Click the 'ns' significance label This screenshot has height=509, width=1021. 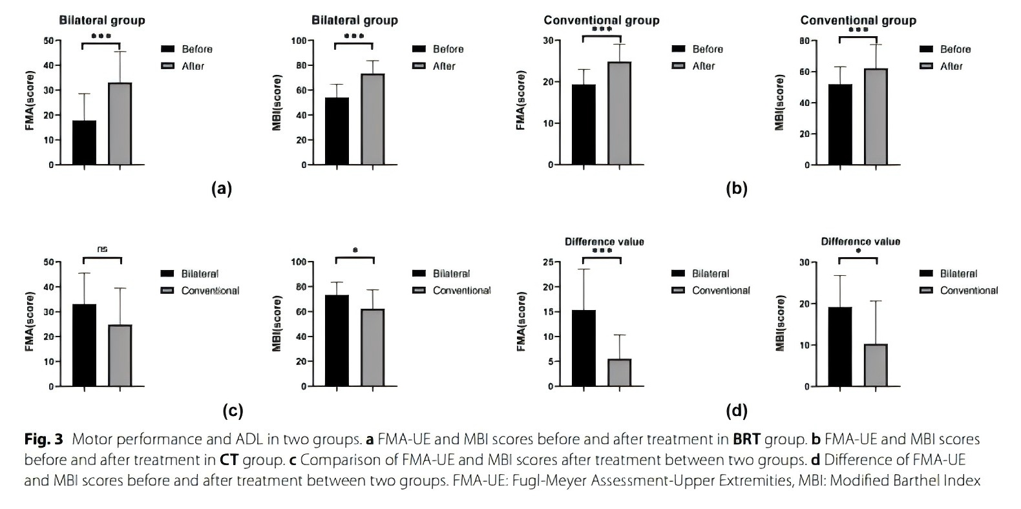click(x=102, y=248)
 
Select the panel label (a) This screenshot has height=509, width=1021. click(x=222, y=189)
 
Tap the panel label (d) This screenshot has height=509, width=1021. click(x=737, y=410)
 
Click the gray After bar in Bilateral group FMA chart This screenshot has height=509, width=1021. click(x=120, y=123)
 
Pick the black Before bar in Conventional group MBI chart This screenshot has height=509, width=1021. click(x=840, y=124)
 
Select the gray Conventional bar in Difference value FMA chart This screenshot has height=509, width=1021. click(x=619, y=372)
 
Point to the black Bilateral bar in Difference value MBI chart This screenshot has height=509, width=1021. click(x=840, y=346)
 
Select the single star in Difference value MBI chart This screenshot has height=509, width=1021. click(x=858, y=250)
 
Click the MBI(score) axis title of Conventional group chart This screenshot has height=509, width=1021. click(x=780, y=103)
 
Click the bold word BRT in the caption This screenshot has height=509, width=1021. click(x=746, y=440)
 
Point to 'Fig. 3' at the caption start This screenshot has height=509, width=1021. click(x=43, y=440)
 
